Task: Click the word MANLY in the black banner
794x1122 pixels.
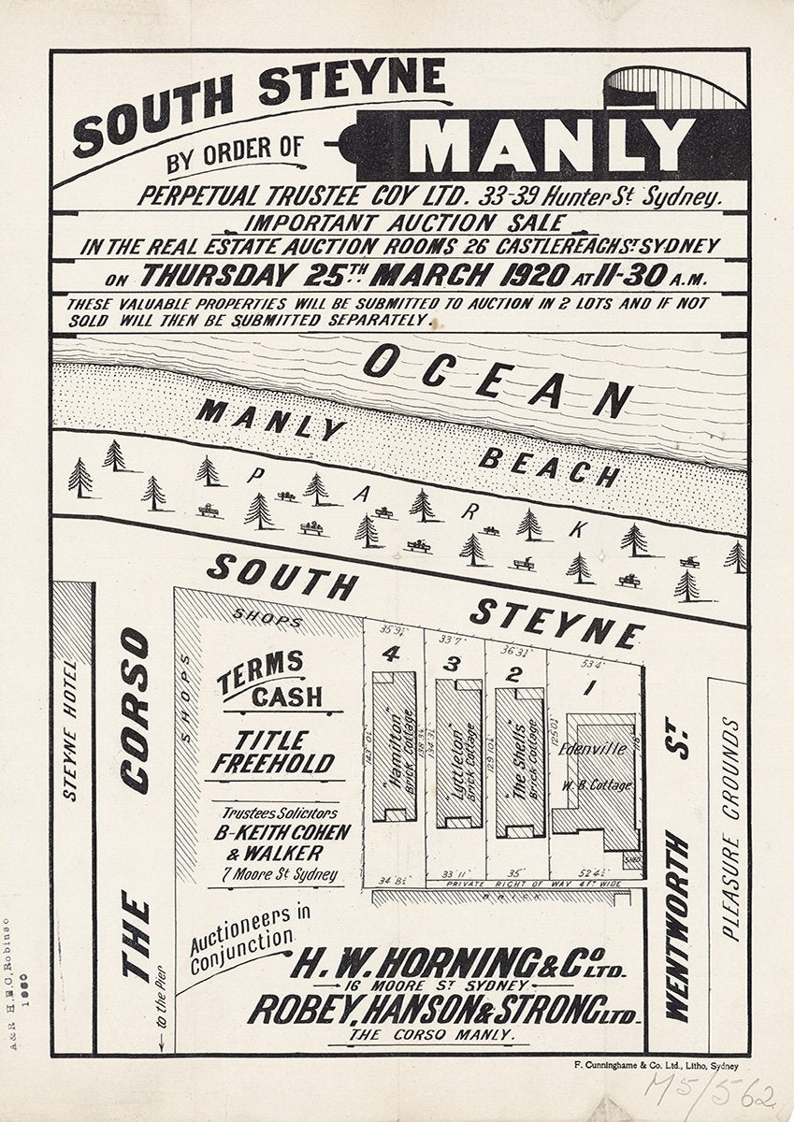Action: click(552, 145)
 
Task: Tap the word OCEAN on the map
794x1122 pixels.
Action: click(497, 381)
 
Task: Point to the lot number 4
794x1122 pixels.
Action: click(391, 654)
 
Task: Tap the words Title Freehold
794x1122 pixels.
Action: click(271, 753)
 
